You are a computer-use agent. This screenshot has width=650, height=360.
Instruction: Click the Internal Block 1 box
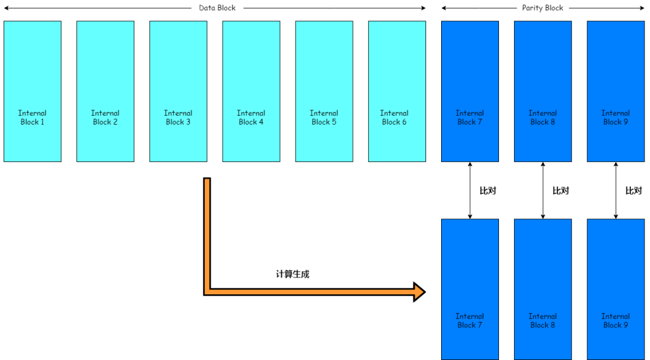(x=32, y=92)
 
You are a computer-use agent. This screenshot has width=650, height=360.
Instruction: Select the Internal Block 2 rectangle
(x=105, y=92)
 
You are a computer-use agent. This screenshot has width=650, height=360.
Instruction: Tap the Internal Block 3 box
(x=178, y=92)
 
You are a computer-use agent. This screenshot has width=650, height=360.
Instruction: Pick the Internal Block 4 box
(x=251, y=92)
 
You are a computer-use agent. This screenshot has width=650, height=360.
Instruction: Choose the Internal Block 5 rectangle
(x=324, y=92)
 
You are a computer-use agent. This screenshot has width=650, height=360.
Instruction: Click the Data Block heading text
(x=217, y=8)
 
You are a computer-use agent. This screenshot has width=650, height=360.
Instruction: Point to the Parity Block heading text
(x=542, y=8)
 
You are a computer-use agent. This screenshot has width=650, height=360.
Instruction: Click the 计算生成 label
(x=292, y=274)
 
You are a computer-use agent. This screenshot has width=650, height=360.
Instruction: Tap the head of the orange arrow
(x=419, y=292)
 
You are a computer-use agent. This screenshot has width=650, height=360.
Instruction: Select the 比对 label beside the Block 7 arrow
(x=487, y=191)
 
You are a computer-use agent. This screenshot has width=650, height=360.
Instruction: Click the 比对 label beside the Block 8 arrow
(x=560, y=191)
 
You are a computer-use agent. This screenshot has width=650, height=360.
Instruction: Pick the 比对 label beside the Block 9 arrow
(x=633, y=191)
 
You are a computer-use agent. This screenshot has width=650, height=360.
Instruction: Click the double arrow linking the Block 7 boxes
(x=470, y=190)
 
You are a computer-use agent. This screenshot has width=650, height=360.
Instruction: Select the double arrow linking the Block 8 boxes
(x=543, y=190)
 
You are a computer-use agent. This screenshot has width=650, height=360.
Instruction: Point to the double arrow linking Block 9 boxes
(x=616, y=190)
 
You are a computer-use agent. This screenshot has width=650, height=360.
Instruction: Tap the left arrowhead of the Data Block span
(x=6, y=8)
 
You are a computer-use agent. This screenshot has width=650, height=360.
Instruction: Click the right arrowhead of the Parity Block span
(x=642, y=8)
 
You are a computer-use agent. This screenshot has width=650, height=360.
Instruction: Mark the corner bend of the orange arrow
(x=208, y=292)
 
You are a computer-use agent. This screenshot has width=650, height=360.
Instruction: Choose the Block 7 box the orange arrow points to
(x=470, y=289)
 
